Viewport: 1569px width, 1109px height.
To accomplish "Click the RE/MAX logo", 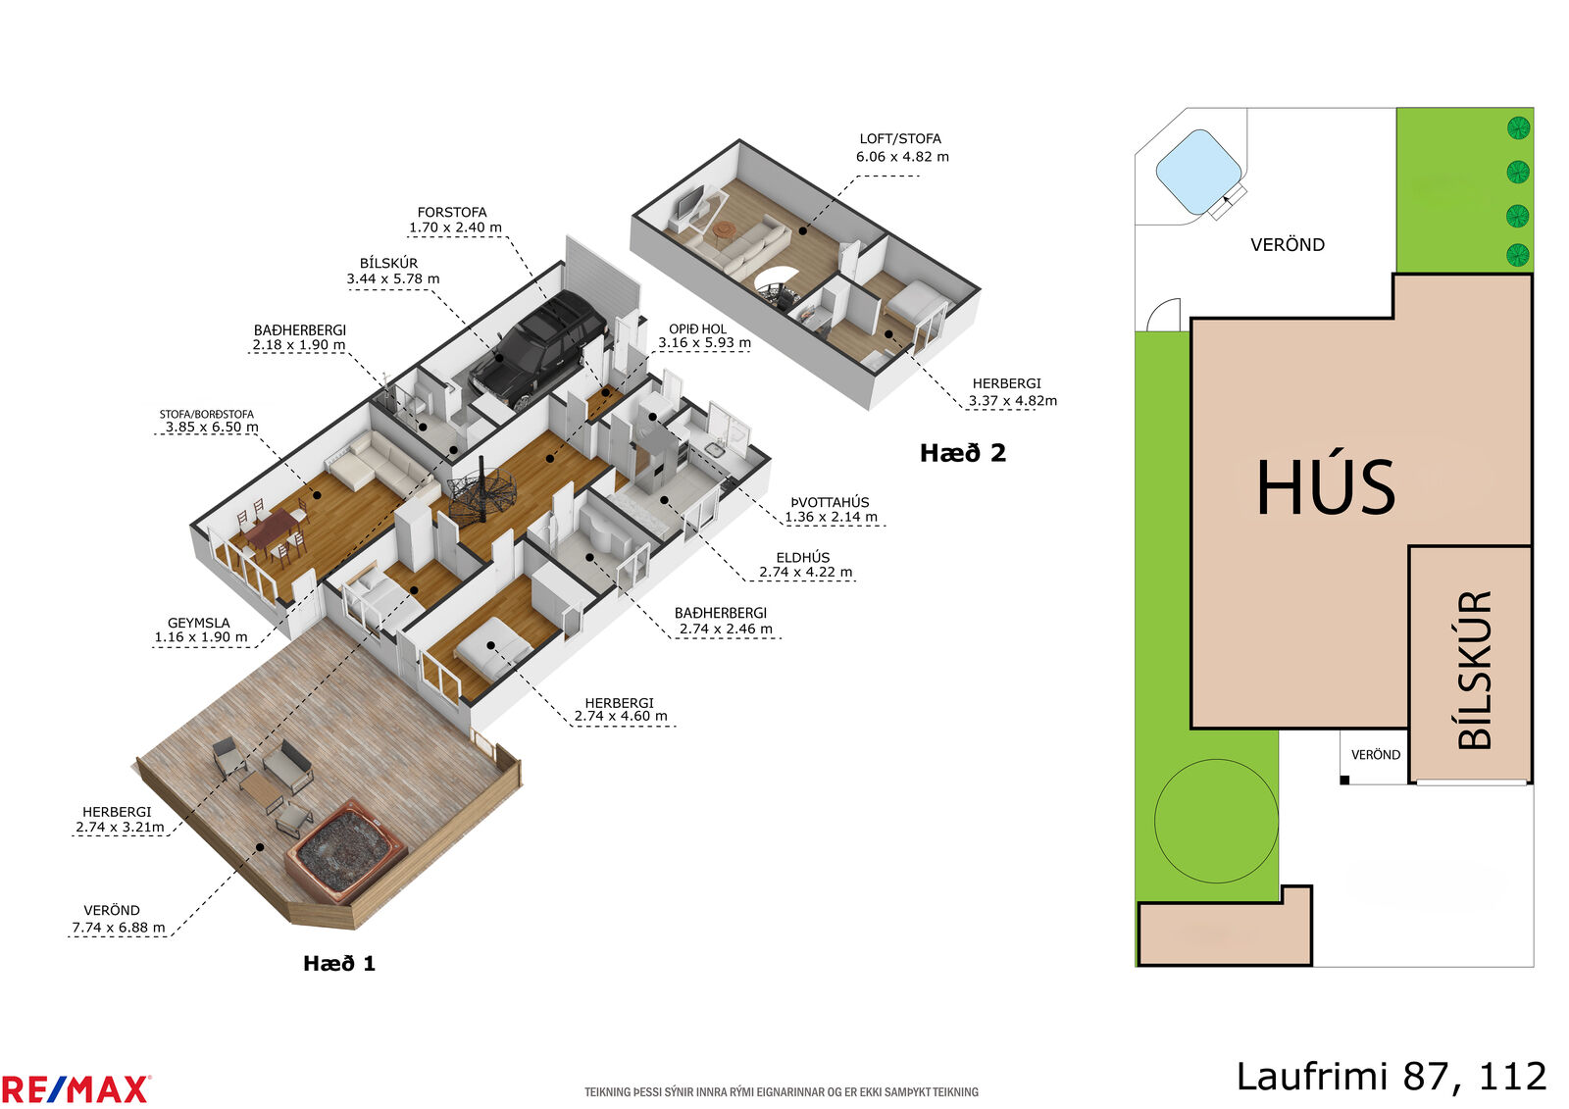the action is (x=75, y=1090).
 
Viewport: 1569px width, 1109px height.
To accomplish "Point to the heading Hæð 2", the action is (x=962, y=453).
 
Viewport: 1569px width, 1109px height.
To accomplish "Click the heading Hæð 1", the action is (x=339, y=963).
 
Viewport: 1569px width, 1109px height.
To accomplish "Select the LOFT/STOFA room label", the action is (x=900, y=138).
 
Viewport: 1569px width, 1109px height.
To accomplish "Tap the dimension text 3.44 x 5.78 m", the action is (x=393, y=278).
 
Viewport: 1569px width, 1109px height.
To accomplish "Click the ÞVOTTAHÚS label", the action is (x=830, y=502).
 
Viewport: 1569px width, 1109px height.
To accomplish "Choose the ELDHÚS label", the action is (x=803, y=558).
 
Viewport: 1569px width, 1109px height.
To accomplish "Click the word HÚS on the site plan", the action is (x=1326, y=488).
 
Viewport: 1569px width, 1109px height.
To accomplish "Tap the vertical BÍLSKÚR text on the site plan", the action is (x=1474, y=670).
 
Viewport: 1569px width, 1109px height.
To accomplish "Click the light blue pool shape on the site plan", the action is (x=1198, y=172).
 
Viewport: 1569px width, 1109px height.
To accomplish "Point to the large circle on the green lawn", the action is (x=1216, y=821).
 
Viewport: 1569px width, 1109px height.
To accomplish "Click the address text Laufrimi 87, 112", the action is (x=1392, y=1077).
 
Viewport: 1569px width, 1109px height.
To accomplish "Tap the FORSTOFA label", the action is (x=452, y=212).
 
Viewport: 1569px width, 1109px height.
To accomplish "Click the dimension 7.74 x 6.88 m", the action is (x=119, y=928).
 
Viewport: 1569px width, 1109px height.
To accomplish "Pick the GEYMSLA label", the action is (x=199, y=623).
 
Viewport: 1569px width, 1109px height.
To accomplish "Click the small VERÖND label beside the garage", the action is (x=1376, y=754).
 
